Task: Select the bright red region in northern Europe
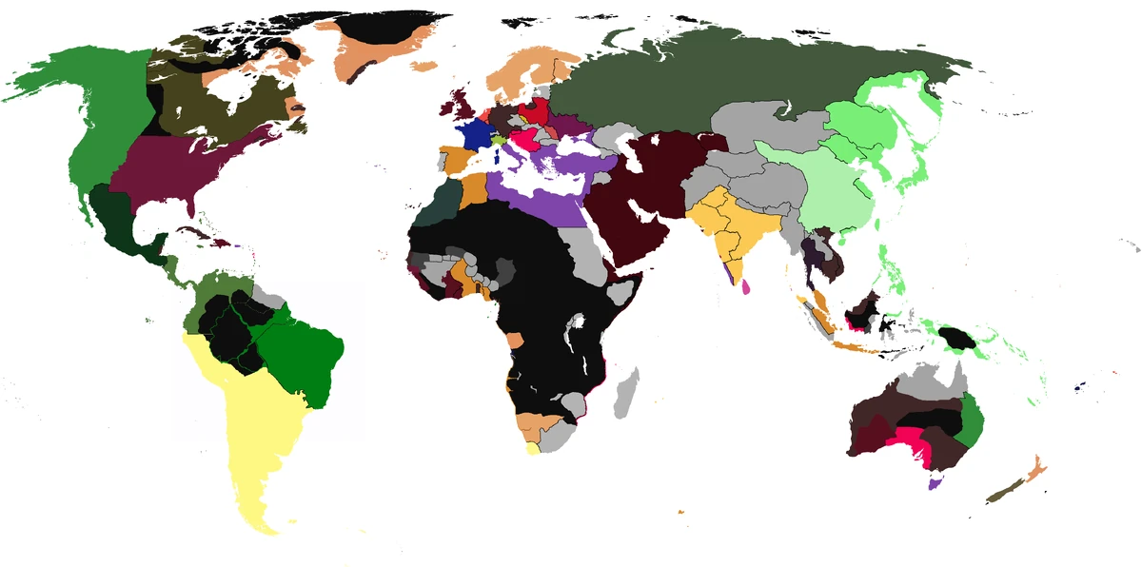tap(537, 112)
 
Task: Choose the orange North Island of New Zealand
tap(1034, 468)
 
